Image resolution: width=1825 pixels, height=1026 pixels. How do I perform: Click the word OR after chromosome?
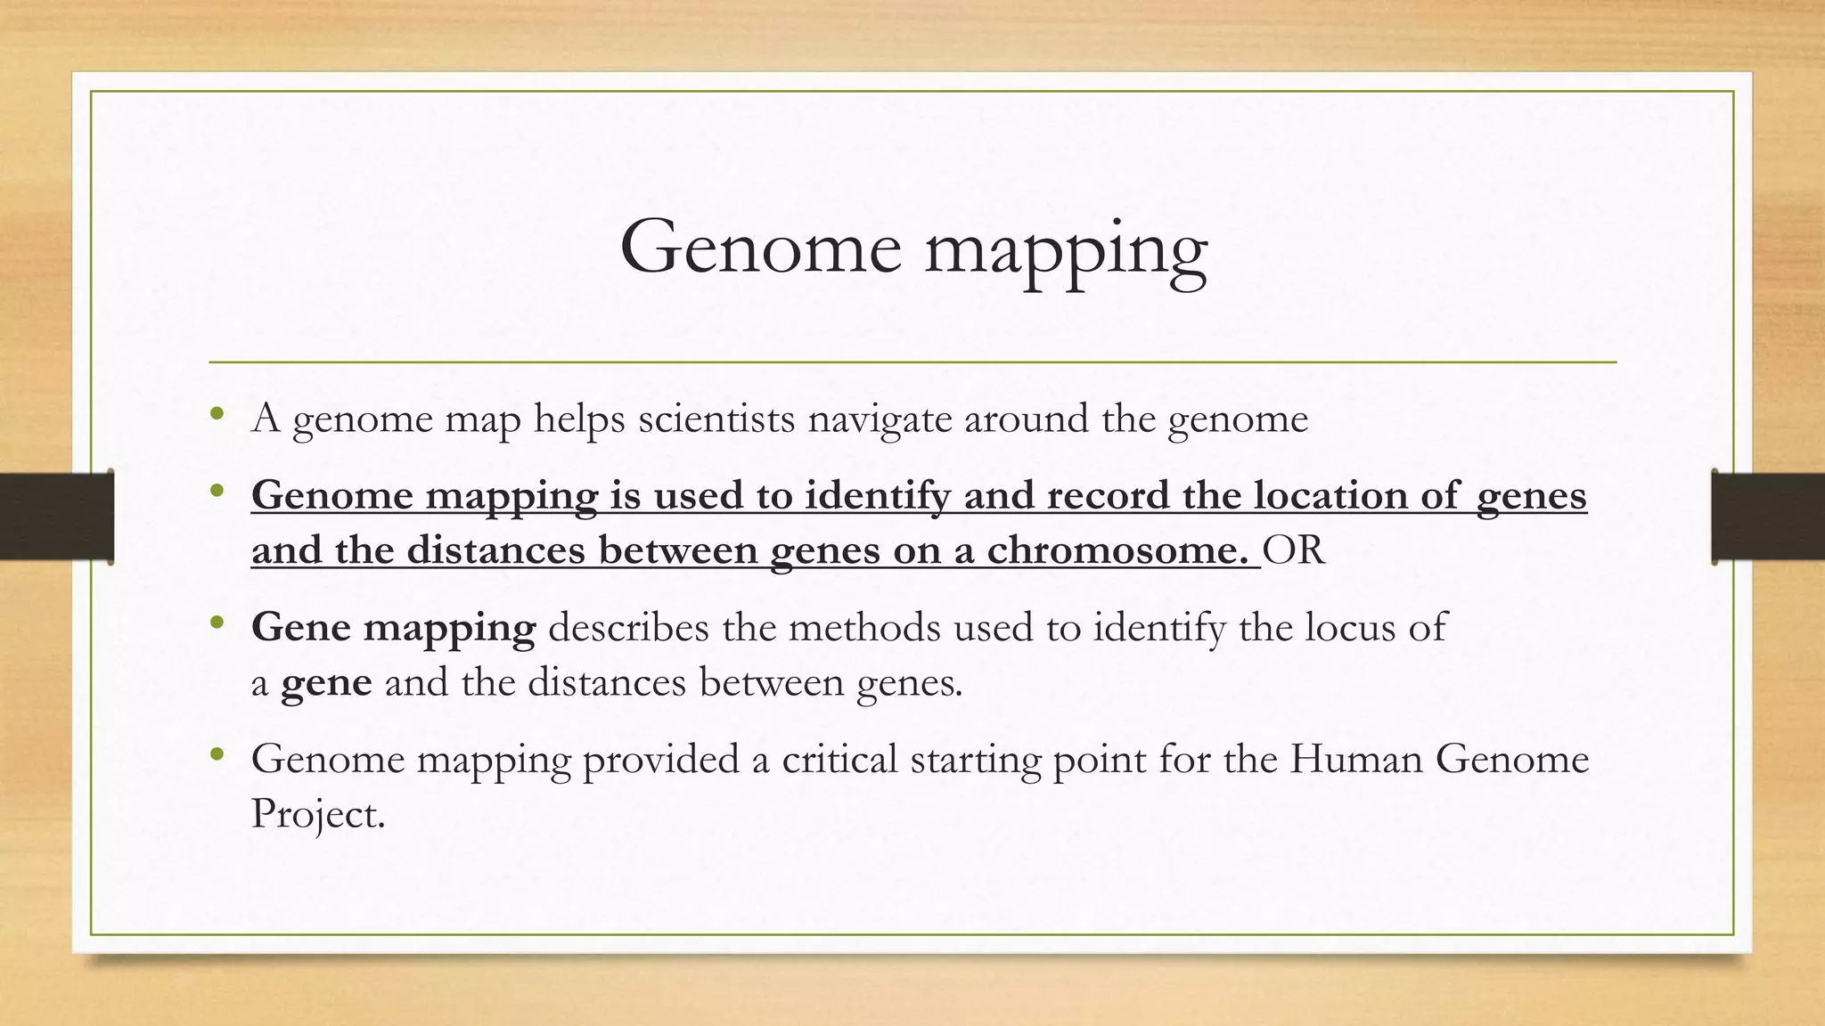click(1294, 550)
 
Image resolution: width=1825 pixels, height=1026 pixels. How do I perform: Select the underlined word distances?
click(495, 550)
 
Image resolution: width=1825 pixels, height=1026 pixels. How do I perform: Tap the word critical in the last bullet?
click(839, 759)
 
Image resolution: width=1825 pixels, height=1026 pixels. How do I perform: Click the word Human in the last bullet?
click(1356, 759)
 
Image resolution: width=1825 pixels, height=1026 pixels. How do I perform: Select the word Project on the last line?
click(315, 814)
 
